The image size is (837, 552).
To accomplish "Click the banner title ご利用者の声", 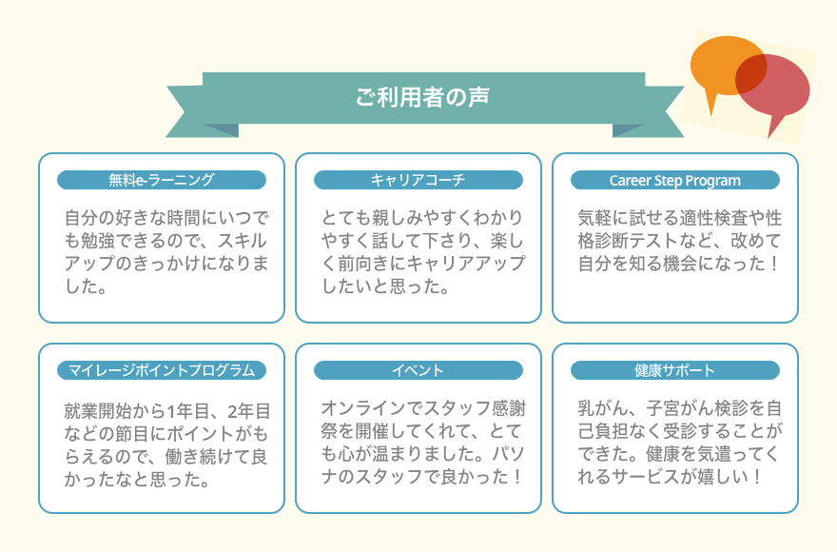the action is (422, 97).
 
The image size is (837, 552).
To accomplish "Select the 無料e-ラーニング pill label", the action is (161, 180).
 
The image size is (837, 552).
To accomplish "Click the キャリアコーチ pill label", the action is (418, 180).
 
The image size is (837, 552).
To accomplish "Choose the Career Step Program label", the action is (674, 180).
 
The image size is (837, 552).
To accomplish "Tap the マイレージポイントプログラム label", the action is (161, 370).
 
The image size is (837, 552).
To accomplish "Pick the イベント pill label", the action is (418, 370).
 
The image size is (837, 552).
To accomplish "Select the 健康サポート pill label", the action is (674, 370).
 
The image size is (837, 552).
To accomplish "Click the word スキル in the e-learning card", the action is (242, 241).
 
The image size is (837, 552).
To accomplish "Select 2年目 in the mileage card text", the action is (249, 411).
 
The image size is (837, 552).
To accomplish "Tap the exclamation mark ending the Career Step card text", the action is (773, 264).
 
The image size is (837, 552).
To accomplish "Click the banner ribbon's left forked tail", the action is (185, 111).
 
